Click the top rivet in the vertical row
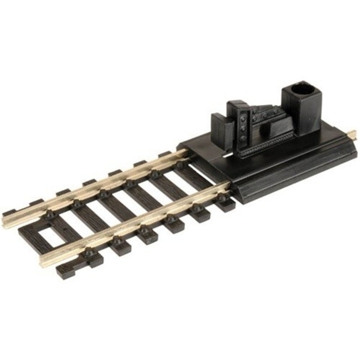pos(243,118)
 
